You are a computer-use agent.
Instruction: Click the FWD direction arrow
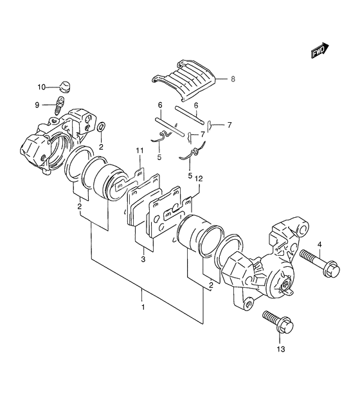tap(319, 51)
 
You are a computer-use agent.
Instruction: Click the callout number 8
tap(233, 79)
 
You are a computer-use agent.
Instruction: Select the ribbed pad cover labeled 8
tap(184, 80)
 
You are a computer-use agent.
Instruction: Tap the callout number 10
tap(42, 87)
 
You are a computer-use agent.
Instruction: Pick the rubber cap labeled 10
tap(65, 86)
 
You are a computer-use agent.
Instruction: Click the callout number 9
tap(37, 105)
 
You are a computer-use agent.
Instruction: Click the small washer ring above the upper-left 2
tap(101, 127)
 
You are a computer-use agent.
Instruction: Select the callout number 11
tap(139, 151)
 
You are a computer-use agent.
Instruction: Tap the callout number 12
tap(199, 179)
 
